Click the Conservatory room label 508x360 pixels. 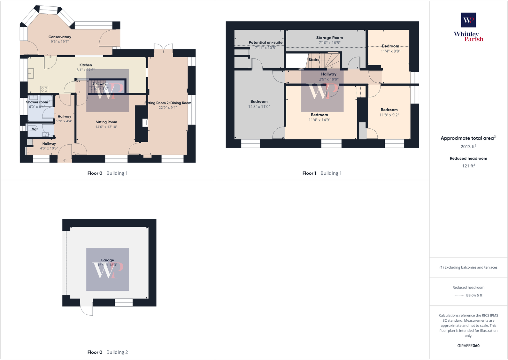pyautogui.click(x=60, y=37)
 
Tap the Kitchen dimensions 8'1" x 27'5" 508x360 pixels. pyautogui.click(x=85, y=70)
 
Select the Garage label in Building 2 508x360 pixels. pyautogui.click(x=107, y=260)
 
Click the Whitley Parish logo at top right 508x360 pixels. pyautogui.click(x=468, y=27)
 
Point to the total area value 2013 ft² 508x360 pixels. pyautogui.click(x=468, y=147)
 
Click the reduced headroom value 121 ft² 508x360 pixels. pyautogui.click(x=468, y=166)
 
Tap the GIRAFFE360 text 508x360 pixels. pyautogui.click(x=468, y=346)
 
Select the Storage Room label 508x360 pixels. pyautogui.click(x=329, y=38)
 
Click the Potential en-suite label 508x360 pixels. pyautogui.click(x=266, y=42)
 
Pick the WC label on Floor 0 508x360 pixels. pyautogui.click(x=35, y=129)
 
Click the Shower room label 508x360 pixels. pyautogui.click(x=37, y=102)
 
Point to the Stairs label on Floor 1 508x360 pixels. pyautogui.click(x=314, y=60)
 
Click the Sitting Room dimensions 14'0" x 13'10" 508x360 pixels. pyautogui.click(x=106, y=127)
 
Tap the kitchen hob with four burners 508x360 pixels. pyautogui.click(x=44, y=89)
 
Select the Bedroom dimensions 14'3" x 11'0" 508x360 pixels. pyautogui.click(x=259, y=107)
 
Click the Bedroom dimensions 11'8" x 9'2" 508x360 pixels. pyautogui.click(x=389, y=115)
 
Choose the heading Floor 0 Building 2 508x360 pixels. pyautogui.click(x=108, y=352)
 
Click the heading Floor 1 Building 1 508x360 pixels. pyautogui.click(x=322, y=173)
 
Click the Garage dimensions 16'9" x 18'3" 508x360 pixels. pyautogui.click(x=107, y=265)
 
